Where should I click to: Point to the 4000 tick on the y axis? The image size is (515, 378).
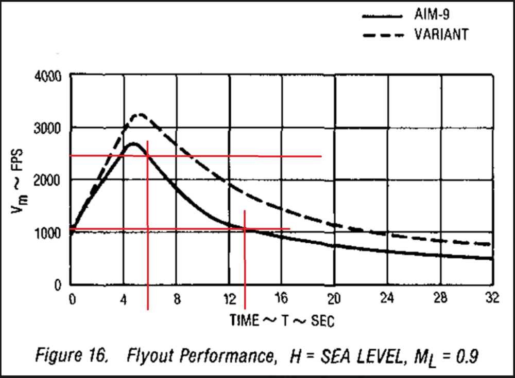[48, 76]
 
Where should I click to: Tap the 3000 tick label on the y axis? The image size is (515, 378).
[48, 128]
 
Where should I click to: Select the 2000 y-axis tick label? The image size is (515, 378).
[48, 180]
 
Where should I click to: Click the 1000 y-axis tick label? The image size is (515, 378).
[48, 232]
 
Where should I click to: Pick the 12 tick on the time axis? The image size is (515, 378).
[230, 299]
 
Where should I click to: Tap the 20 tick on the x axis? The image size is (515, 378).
[335, 299]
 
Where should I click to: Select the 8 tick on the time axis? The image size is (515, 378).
[177, 299]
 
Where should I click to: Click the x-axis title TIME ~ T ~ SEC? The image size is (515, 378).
[282, 320]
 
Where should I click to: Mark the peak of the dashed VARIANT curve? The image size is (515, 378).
[139, 114]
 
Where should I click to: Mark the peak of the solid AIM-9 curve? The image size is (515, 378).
[133, 143]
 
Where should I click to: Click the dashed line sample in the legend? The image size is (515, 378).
[382, 35]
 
